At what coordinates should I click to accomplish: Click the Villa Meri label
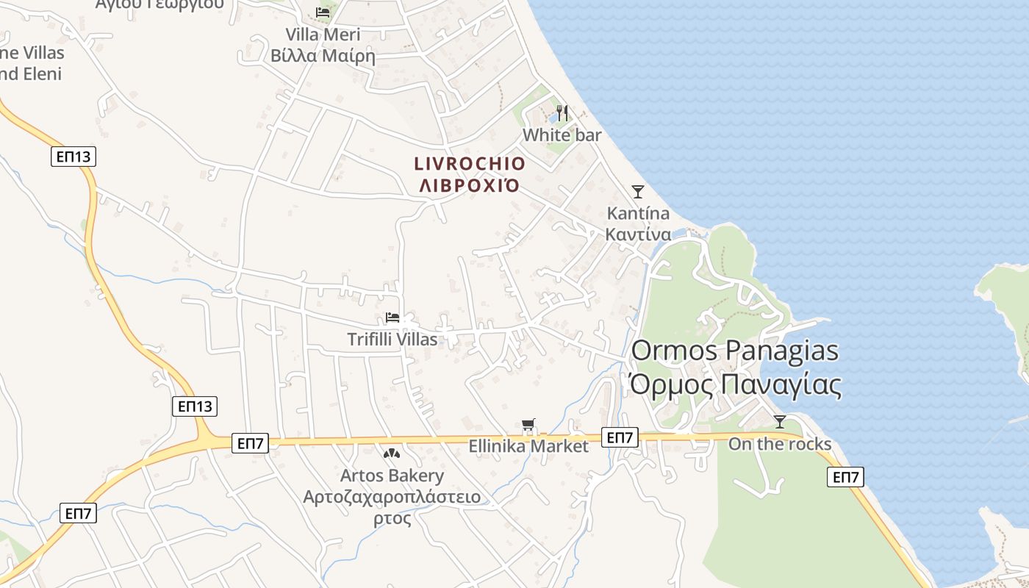323,35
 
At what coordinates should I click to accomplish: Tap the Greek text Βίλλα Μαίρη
323,56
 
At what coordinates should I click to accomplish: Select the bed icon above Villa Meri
323,12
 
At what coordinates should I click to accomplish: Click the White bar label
562,135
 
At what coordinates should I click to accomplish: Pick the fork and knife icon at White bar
562,112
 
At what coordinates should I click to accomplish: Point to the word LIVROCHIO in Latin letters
470,163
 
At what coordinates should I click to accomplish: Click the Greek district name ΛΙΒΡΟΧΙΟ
470,185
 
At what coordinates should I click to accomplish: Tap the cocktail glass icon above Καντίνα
638,192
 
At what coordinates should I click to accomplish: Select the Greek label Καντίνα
638,234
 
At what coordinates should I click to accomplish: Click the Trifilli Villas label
392,340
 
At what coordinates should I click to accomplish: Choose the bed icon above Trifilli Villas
392,318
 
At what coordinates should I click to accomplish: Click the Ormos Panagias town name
734,351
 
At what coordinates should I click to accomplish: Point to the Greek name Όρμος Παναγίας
734,384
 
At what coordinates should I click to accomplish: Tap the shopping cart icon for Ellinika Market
528,424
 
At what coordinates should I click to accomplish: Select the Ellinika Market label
528,446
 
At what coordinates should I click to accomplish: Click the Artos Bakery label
392,476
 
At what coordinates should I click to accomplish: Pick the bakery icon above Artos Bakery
392,453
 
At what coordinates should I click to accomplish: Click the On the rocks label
780,444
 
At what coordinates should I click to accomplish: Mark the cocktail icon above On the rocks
780,422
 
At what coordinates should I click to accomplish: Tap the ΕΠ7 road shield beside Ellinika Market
620,437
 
